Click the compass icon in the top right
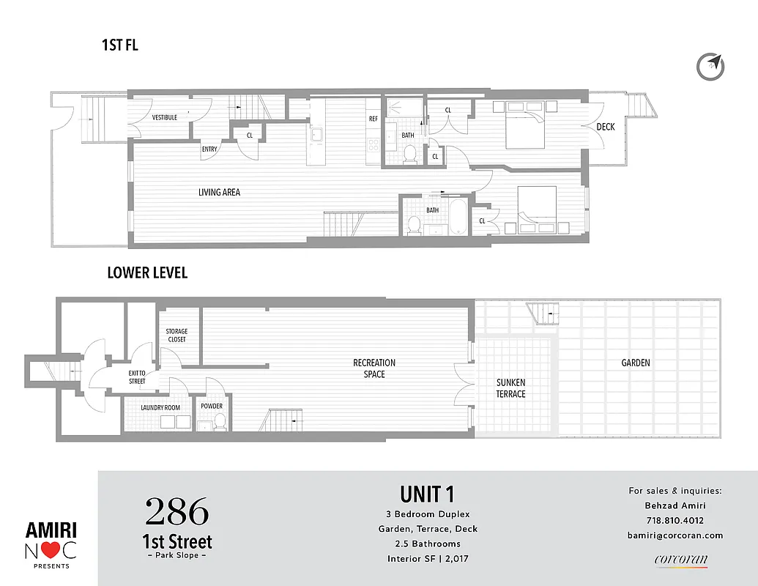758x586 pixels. click(x=710, y=66)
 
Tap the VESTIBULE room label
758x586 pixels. click(x=164, y=117)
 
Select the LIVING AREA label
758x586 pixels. click(x=219, y=193)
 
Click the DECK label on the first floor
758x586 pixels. click(x=605, y=127)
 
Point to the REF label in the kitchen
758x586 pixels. click(x=374, y=119)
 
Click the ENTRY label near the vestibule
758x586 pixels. click(x=209, y=149)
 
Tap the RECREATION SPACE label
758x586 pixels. click(x=374, y=368)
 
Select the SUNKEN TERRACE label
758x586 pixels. click(x=510, y=388)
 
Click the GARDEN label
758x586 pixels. click(x=636, y=363)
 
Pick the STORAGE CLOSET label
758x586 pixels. click(x=177, y=335)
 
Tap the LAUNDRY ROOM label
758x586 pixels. click(x=160, y=407)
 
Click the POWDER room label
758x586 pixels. click(x=212, y=407)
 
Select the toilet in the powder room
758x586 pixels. click(x=218, y=421)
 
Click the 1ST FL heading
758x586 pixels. click(x=119, y=45)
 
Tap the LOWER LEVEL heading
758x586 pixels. click(x=147, y=272)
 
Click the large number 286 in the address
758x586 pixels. click(x=177, y=512)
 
